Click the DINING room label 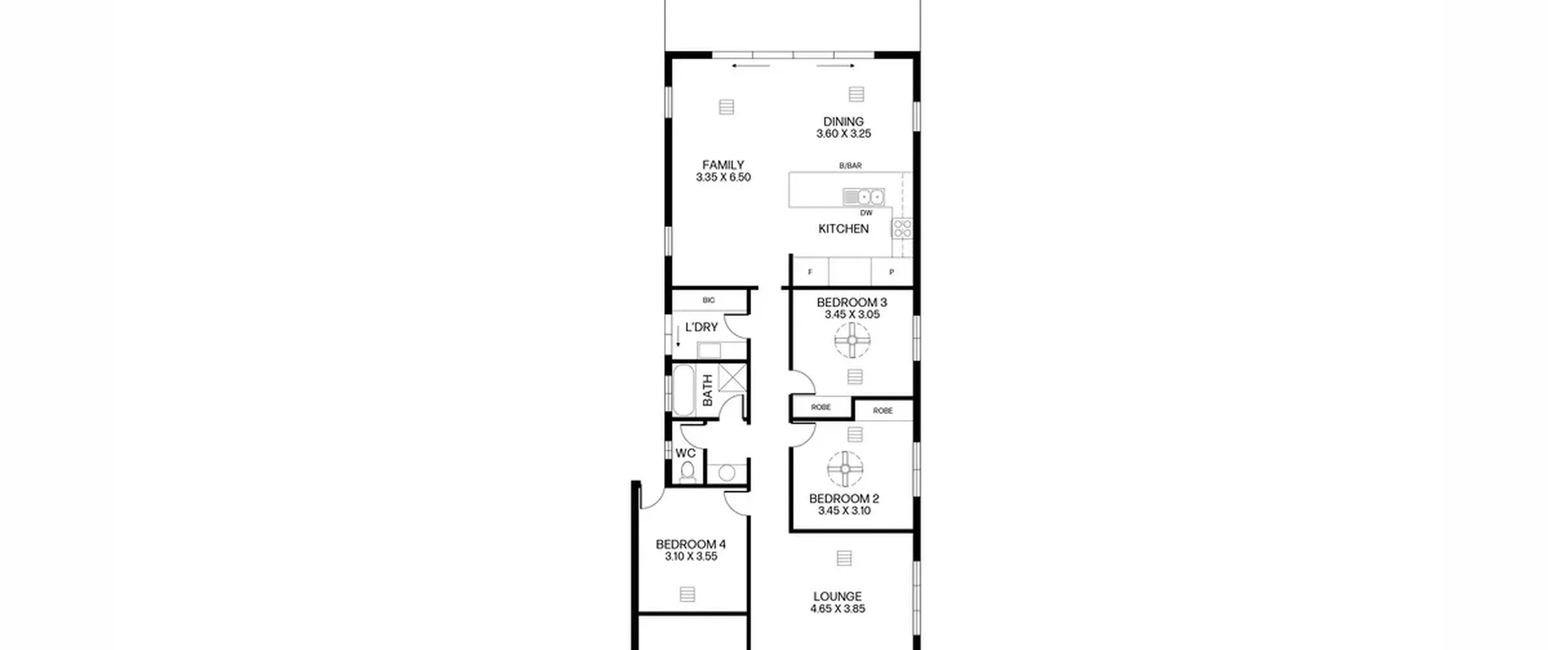(x=843, y=122)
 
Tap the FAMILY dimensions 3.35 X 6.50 (x=723, y=177)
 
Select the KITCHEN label (x=844, y=229)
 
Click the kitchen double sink (x=863, y=197)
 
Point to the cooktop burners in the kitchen (x=902, y=229)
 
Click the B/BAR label (x=850, y=166)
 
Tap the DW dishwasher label (x=867, y=213)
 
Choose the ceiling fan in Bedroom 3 (x=853, y=340)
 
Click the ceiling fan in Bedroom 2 (x=845, y=469)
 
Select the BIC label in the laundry (x=709, y=301)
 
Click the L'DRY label (x=701, y=327)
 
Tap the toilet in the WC (x=688, y=472)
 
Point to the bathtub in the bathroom (x=683, y=390)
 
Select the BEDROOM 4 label (x=691, y=544)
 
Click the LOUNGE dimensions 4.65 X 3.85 (x=837, y=609)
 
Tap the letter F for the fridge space (x=810, y=273)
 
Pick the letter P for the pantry (x=891, y=273)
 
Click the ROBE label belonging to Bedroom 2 (x=883, y=411)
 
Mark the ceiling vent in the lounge (x=844, y=559)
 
